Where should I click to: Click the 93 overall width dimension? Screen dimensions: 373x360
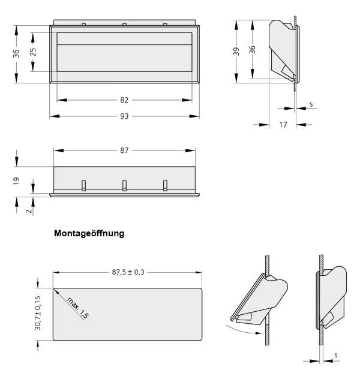coord(124,116)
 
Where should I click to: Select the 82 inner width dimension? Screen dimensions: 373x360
coord(124,100)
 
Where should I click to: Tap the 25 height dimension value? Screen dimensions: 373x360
coord(33,52)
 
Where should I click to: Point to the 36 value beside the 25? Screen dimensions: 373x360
coord(17,54)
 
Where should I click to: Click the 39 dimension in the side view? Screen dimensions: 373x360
coord(237,52)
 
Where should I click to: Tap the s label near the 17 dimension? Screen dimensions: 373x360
coord(311,104)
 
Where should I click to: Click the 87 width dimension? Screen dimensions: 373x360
coord(124,151)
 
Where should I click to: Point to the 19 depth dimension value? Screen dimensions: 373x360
coord(17,179)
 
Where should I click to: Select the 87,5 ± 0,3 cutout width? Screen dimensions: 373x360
coord(128,272)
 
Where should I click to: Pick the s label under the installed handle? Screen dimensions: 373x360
coord(335,355)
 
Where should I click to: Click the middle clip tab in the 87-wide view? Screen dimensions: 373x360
coord(124,185)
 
